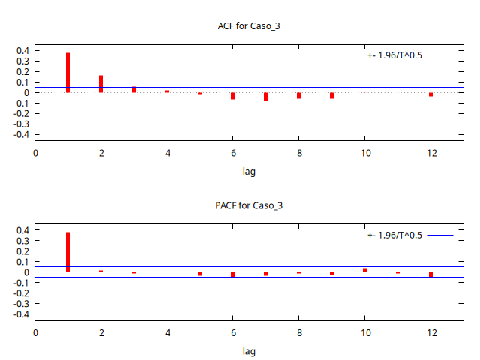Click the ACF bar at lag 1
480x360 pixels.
[67, 73]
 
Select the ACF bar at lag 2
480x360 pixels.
[100, 84]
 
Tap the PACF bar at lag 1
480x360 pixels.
[67, 252]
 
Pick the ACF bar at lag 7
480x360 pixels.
[265, 97]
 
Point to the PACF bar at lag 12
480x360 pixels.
[430, 274]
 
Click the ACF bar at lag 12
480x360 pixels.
[430, 94]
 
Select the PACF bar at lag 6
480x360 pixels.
[232, 274]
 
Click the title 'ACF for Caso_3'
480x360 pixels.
[249, 26]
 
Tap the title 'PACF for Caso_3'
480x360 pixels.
[249, 205]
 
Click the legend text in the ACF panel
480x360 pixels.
[394, 55]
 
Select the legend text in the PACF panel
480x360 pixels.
[394, 235]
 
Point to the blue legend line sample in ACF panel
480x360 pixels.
[442, 55]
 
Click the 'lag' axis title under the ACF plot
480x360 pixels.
[249, 171]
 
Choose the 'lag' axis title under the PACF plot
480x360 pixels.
[249, 350]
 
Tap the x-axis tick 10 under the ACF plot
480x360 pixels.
[364, 153]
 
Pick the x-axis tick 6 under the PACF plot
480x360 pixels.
[232, 332]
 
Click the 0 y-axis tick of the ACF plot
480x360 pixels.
[25, 93]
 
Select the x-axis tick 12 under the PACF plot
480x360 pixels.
[430, 332]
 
